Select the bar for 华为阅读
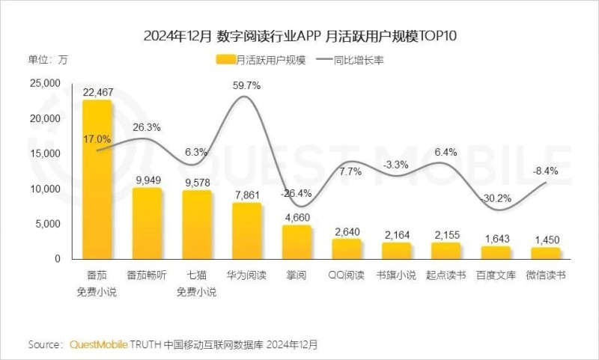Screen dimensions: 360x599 point(246,231)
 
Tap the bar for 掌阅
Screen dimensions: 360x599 point(297,242)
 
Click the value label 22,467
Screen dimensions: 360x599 point(97,91)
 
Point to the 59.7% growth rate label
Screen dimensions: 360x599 point(246,86)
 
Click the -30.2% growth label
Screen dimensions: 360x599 point(496,198)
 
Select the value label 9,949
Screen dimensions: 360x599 point(147,179)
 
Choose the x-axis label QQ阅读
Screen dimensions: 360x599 point(347,275)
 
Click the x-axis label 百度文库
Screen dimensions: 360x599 point(496,275)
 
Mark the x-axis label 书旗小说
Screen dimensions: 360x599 point(396,275)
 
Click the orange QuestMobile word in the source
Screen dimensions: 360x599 point(97,345)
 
